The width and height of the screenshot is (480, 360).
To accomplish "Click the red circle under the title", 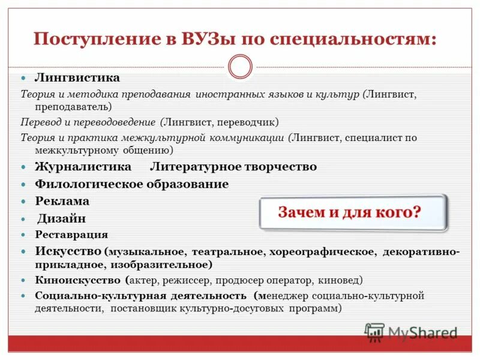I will pos(240,67).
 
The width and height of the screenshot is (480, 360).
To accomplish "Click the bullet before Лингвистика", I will pos(24,79).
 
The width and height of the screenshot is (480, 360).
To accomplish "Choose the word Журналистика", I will pos(83,166).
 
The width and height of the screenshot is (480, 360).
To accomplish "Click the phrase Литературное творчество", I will pos(233,166).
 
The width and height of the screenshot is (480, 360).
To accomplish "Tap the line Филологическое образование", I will pos(132,184).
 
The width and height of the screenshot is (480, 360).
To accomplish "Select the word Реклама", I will pos(62,201).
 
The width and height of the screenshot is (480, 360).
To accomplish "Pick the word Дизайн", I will pos(62,218).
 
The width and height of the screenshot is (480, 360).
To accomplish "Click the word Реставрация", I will pos(71,235).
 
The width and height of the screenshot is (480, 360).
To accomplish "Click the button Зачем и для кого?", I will pos(353,212).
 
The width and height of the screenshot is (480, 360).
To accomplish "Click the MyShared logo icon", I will pos(375,332).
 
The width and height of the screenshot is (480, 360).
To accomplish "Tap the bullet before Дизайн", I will pos(24,219).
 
